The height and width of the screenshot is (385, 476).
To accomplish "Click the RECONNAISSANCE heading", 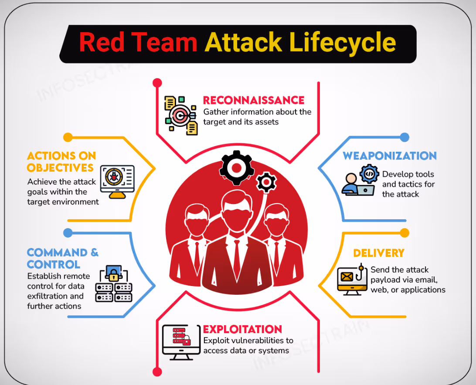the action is click(x=254, y=100).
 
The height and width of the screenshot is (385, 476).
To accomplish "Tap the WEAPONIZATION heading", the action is click(x=389, y=156).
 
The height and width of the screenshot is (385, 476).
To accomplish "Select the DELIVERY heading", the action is click(x=378, y=253).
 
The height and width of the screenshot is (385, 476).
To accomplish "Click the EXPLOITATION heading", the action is click(x=242, y=329).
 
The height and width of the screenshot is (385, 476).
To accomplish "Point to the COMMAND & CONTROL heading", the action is click(x=62, y=258).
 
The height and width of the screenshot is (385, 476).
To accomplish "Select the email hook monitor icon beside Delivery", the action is click(x=351, y=279).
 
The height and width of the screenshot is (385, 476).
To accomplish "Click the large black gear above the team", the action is click(x=236, y=168).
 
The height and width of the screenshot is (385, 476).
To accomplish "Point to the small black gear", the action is click(x=265, y=182).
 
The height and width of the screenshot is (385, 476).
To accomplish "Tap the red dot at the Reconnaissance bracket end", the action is click(x=157, y=82).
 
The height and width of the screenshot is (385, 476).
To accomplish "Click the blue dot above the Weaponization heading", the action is click(x=405, y=137).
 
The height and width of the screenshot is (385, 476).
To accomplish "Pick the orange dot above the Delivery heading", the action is click(x=405, y=232).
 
